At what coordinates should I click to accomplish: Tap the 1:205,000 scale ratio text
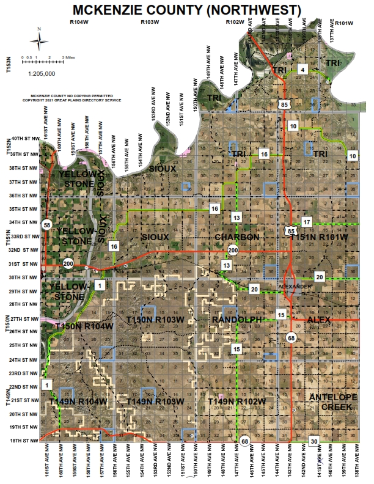tap(42, 73)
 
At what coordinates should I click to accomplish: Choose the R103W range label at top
tap(150, 22)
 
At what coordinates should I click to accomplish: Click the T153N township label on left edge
tap(9, 65)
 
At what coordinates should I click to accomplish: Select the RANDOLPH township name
tap(236, 320)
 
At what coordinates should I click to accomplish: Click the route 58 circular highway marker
tap(46, 225)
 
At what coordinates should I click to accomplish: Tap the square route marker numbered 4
tap(302, 70)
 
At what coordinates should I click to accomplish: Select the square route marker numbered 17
tap(307, 221)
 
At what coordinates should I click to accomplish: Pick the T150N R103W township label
tap(155, 320)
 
